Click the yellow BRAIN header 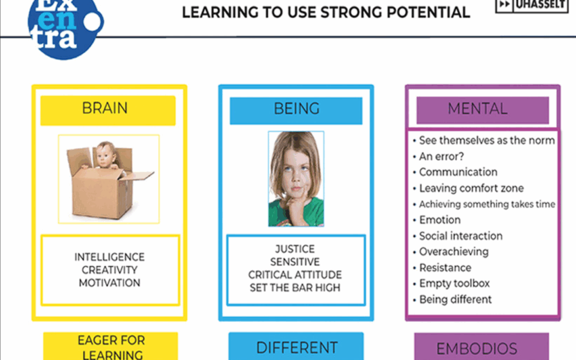tap(108, 110)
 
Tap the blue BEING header tap(296, 110)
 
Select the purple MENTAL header tap(483, 110)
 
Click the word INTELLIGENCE tap(109, 257)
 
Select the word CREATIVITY tap(109, 270)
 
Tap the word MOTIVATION tap(109, 283)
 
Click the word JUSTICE tap(295, 249)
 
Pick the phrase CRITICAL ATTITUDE tap(295, 275)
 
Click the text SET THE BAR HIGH tap(295, 287)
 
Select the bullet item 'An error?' tap(441, 156)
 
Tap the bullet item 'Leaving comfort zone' tap(471, 188)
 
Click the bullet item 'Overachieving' tap(454, 252)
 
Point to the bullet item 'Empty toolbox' tap(454, 283)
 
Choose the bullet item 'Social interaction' tap(461, 236)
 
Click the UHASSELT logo tap(532, 5)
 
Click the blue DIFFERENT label tap(296, 347)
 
